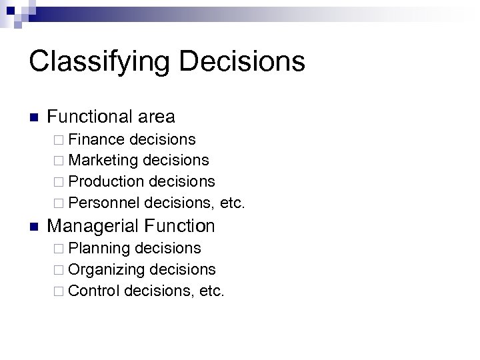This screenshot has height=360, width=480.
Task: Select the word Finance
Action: coord(97,139)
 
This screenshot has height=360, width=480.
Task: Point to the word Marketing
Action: coord(103,160)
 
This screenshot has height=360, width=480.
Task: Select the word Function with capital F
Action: coord(182,226)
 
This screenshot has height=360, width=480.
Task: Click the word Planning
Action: coord(99,248)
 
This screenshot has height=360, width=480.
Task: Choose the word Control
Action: coord(93,290)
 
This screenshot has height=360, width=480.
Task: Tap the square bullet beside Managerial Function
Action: coord(35,227)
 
